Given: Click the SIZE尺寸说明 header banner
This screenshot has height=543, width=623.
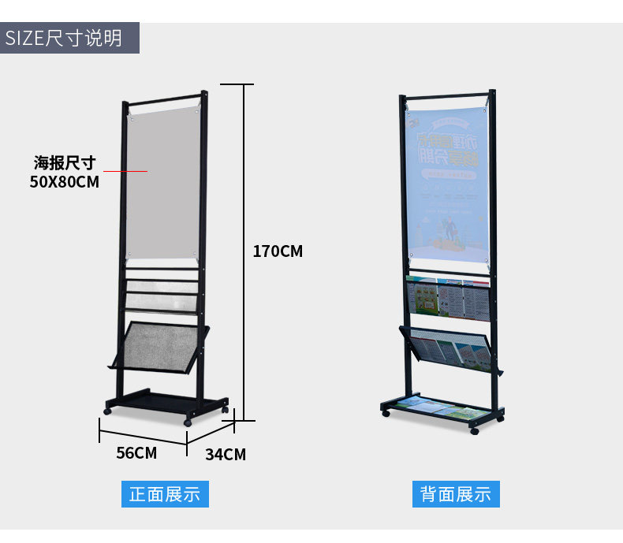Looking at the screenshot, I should (x=69, y=38).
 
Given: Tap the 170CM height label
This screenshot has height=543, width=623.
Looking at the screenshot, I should (x=278, y=252).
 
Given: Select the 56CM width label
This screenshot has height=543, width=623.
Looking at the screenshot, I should (x=136, y=453).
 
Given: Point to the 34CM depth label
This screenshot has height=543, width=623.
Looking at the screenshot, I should (x=226, y=455).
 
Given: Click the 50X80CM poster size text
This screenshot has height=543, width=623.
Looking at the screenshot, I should (x=64, y=182).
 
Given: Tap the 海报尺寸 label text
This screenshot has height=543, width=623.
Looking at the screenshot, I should (x=65, y=163).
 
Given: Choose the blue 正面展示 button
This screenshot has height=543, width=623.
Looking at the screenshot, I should (x=165, y=494).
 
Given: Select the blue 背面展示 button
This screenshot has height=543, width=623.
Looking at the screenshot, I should (x=456, y=494).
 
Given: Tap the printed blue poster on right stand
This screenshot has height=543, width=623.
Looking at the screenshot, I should (x=448, y=188).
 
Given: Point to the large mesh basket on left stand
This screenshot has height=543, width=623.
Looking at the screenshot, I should (x=159, y=345).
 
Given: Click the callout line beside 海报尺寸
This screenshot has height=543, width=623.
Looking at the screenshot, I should (x=125, y=171).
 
